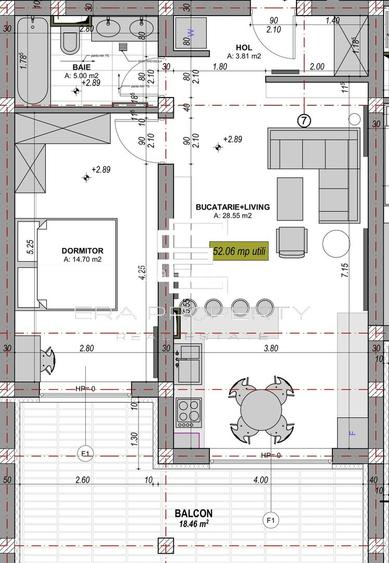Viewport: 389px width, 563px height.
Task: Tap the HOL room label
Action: tap(244, 47)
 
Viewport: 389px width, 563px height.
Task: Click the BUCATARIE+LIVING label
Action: tap(236, 206)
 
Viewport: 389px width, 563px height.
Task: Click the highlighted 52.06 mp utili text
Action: tap(239, 252)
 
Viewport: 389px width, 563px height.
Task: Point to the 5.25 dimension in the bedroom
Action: tap(31, 244)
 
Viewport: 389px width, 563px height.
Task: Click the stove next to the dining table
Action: tap(188, 411)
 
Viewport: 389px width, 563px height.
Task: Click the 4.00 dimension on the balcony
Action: tap(262, 481)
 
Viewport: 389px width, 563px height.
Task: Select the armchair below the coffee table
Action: tap(292, 241)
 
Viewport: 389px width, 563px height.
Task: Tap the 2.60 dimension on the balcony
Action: tap(82, 481)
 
